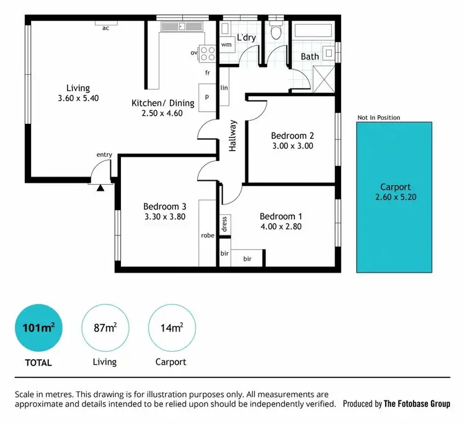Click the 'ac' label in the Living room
105,28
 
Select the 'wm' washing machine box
227,45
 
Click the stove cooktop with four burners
207,53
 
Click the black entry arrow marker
100,187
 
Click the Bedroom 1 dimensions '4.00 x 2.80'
281,227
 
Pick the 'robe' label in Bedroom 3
207,235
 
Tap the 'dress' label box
224,223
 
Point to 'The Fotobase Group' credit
417,404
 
